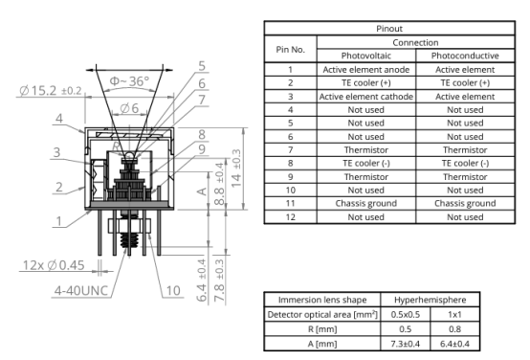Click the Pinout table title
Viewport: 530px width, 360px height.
[389, 29]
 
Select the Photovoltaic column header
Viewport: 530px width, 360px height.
[366, 56]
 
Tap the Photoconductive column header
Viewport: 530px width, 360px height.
[465, 56]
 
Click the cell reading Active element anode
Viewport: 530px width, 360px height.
[366, 69]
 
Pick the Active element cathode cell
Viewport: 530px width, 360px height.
[366, 97]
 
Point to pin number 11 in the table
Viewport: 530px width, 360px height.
[290, 203]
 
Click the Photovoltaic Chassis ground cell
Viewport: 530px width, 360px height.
[366, 203]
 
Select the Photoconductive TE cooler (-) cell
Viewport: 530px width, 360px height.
[465, 163]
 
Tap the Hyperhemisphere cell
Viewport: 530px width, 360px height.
[430, 300]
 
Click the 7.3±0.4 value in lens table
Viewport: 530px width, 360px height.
[406, 344]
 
